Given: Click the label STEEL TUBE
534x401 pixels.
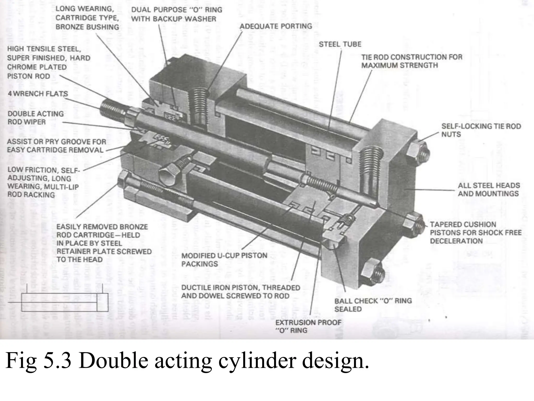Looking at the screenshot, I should [x=340, y=44].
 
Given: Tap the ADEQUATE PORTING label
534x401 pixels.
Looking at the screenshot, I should [x=276, y=26].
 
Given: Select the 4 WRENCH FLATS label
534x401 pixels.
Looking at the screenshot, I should [x=38, y=93].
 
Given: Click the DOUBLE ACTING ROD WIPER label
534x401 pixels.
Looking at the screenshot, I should [x=35, y=118].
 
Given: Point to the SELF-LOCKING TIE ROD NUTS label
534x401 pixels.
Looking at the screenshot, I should [x=481, y=130].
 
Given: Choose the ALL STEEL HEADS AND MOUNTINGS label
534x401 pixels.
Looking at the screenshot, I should [x=489, y=189].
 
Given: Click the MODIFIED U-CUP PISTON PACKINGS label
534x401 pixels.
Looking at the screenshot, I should [x=224, y=260].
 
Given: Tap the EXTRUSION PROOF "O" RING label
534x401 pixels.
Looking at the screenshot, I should [x=308, y=326].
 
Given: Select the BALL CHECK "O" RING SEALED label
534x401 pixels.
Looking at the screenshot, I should [x=373, y=305].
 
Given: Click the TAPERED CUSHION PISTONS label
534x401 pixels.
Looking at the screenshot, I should [x=475, y=232].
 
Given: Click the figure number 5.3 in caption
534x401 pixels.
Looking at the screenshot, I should [x=57, y=361].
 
